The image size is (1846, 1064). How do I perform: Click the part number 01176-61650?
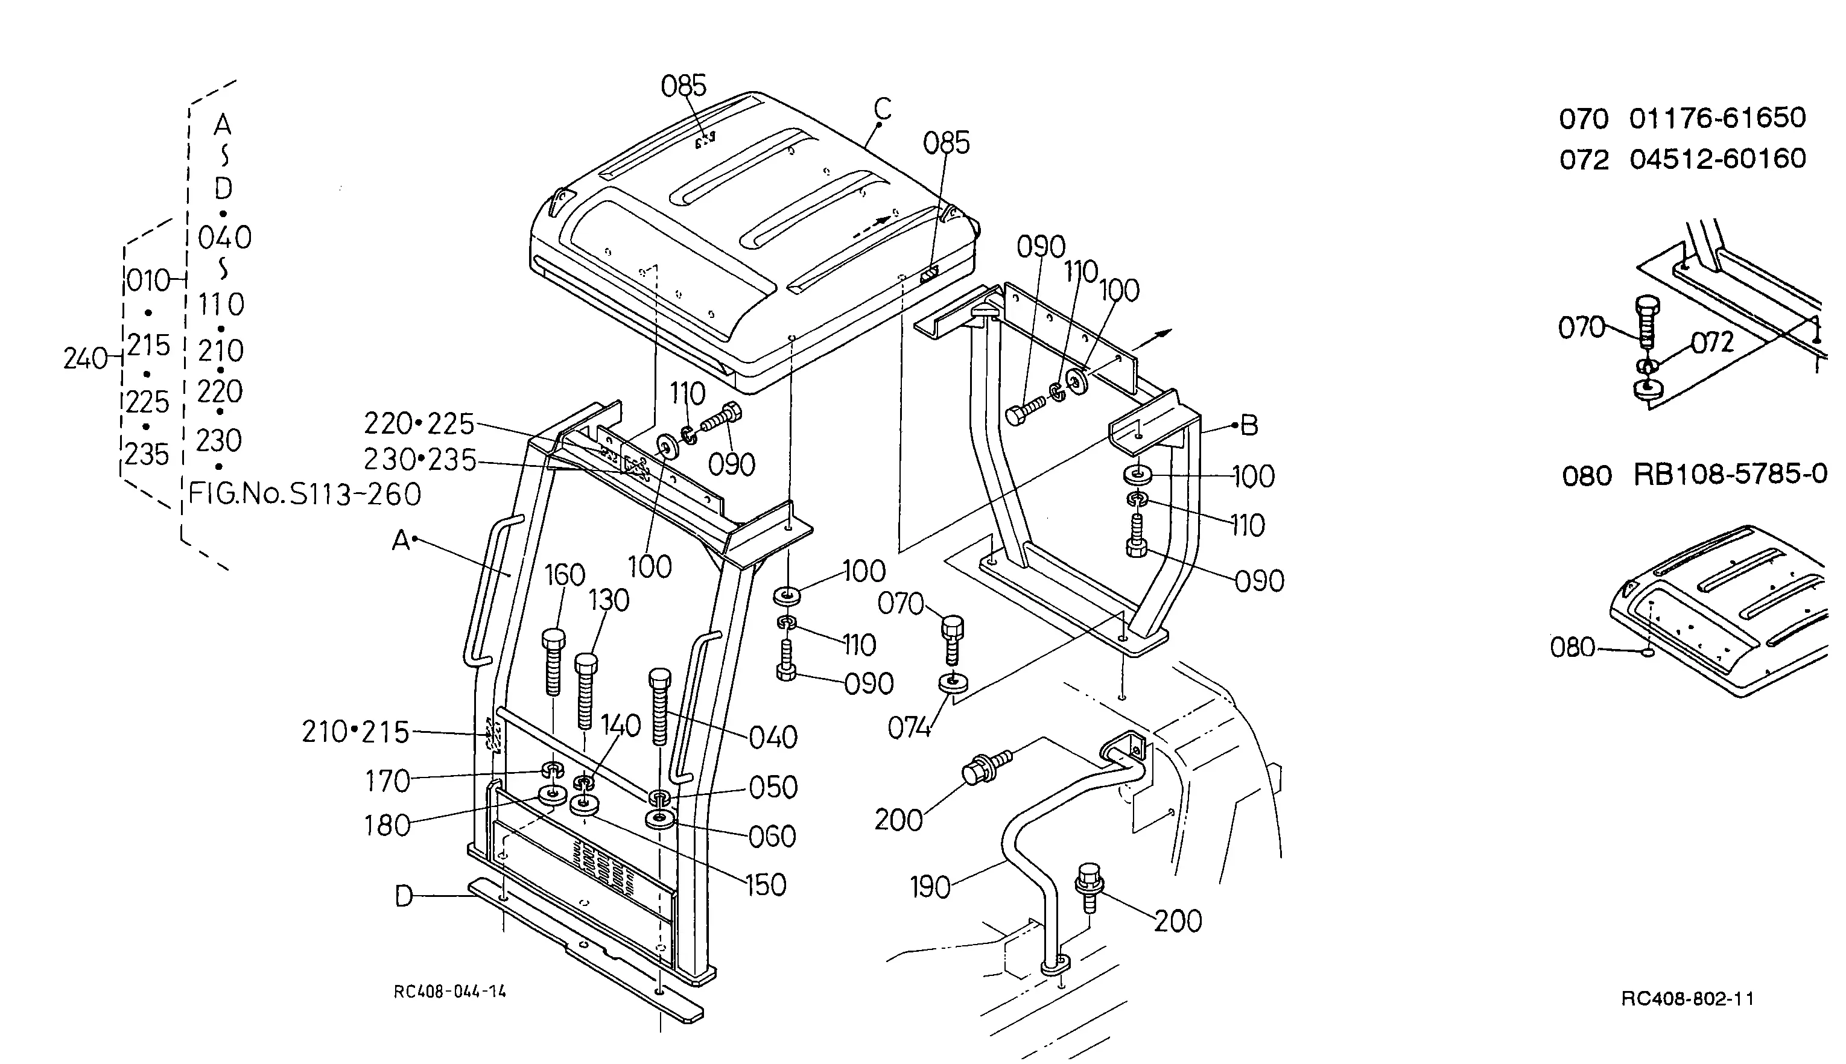(x=1718, y=118)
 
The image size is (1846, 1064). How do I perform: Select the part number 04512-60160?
(x=1718, y=159)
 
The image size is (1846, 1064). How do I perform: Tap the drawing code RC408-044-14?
(x=449, y=992)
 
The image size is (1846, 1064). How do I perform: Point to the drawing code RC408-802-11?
(x=1687, y=999)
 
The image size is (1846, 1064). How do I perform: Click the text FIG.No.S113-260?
(x=305, y=495)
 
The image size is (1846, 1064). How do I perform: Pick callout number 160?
(x=565, y=575)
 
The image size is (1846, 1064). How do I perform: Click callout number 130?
(x=609, y=601)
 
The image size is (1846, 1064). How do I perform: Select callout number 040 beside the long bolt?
(x=773, y=737)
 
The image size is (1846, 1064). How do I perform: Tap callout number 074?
(x=910, y=728)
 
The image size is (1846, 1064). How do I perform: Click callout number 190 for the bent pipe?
(x=930, y=888)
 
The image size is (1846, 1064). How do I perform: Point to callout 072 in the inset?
(x=1712, y=342)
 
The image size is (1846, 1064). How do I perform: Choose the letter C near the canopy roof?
(x=883, y=109)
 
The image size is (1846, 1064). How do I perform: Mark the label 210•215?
(x=356, y=732)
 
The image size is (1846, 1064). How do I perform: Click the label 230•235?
(x=420, y=460)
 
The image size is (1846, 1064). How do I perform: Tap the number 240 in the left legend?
(x=86, y=359)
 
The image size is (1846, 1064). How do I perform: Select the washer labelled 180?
(x=553, y=794)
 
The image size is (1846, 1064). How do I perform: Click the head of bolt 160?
(x=553, y=639)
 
